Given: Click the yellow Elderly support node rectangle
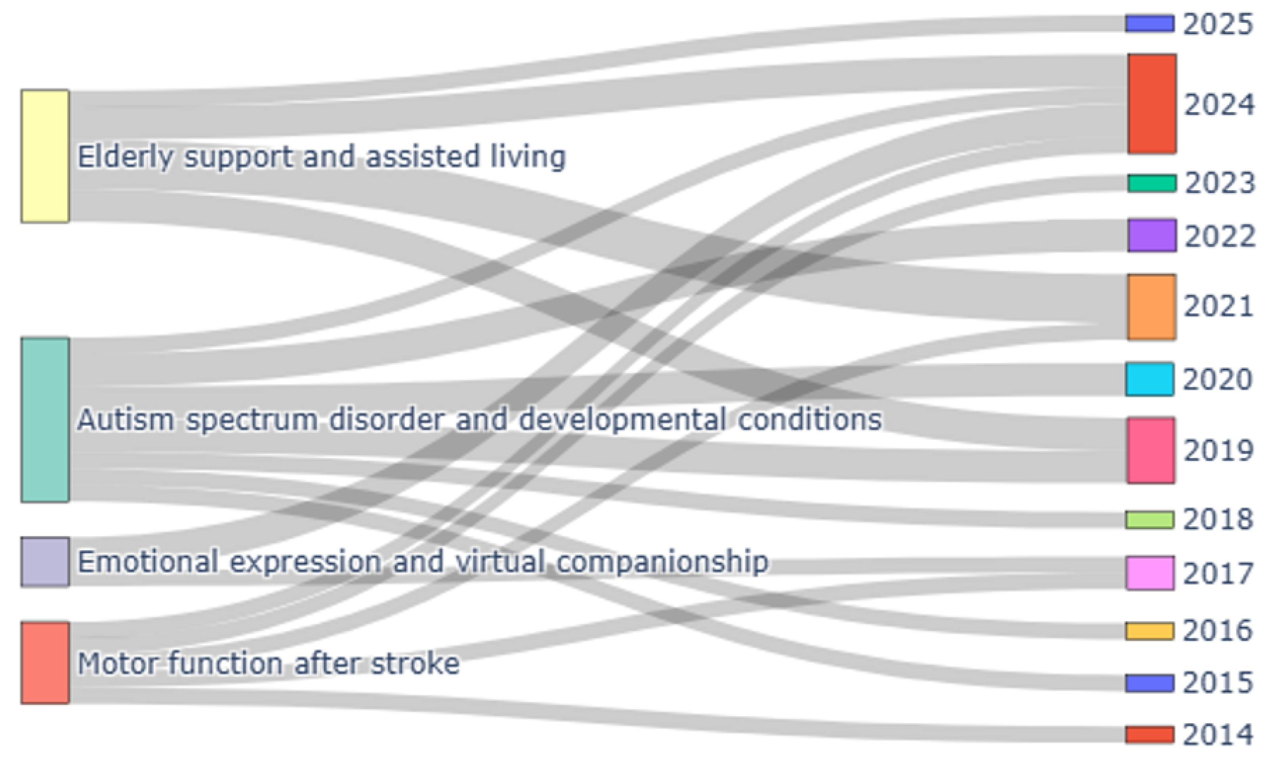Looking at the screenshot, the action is pyautogui.click(x=45, y=156).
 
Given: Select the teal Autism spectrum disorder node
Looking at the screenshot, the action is pyautogui.click(x=45, y=419).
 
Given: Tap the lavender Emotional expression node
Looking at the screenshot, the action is pyautogui.click(x=45, y=561).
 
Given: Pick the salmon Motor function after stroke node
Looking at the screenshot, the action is pyautogui.click(x=45, y=663).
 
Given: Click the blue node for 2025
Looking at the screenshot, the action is pyautogui.click(x=1149, y=23).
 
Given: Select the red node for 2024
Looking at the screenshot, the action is pyautogui.click(x=1152, y=103).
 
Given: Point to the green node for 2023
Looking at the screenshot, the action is pyautogui.click(x=1152, y=183).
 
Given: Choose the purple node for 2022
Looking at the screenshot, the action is pyautogui.click(x=1152, y=235).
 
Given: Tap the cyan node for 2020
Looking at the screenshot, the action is pyautogui.click(x=1149, y=379).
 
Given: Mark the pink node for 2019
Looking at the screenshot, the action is pyautogui.click(x=1151, y=450).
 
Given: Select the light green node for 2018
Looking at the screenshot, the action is pyautogui.click(x=1149, y=519).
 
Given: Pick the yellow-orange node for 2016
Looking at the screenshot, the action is pyautogui.click(x=1149, y=631).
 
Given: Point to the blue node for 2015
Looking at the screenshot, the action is pyautogui.click(x=1149, y=683).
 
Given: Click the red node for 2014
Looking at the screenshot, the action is pyautogui.click(x=1149, y=734).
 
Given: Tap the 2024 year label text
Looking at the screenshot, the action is pyautogui.click(x=1219, y=105).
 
